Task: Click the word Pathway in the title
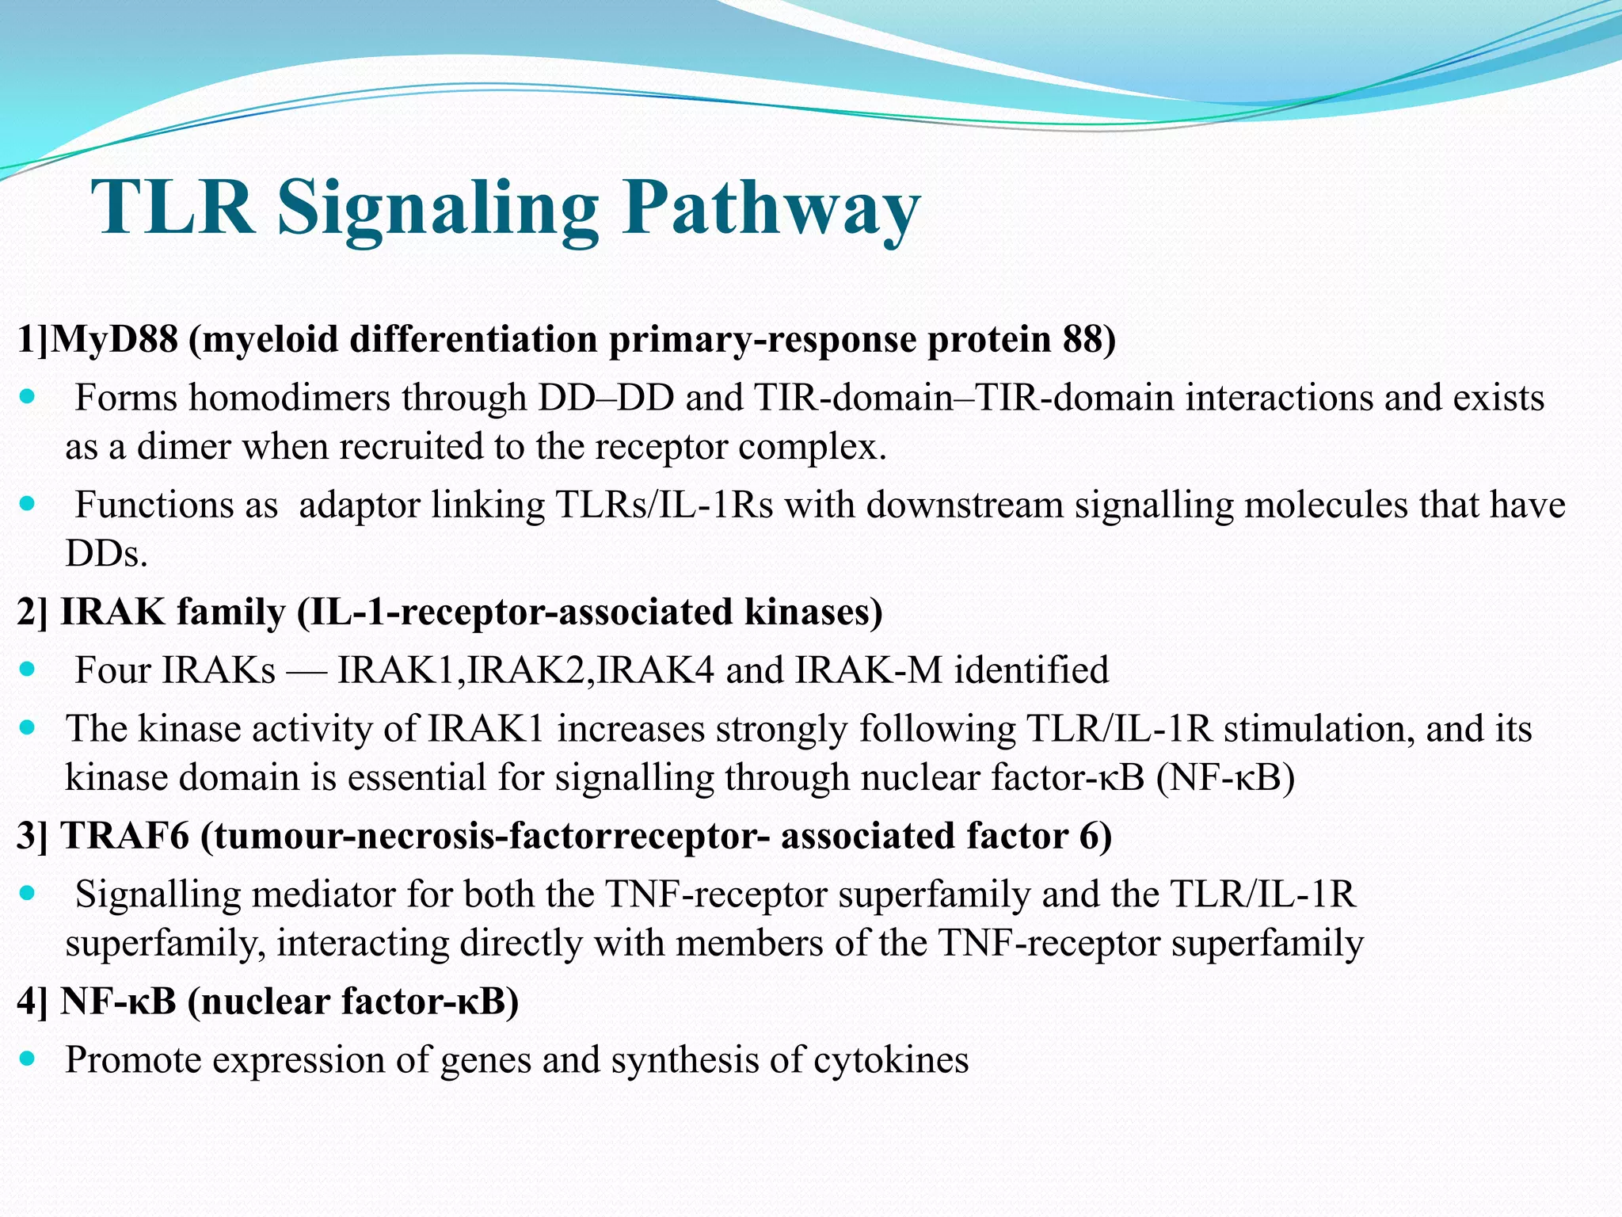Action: pos(770,208)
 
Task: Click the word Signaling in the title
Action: pos(437,208)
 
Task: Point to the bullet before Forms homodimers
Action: pos(28,396)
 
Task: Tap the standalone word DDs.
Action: pos(106,554)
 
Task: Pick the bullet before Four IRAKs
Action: pos(28,670)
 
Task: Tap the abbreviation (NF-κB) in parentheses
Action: pos(1225,778)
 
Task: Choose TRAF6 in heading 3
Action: pos(125,837)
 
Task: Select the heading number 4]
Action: pos(32,1001)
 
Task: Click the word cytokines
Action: pos(890,1060)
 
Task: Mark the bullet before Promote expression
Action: pos(28,1059)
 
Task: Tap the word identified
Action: pos(1030,670)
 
